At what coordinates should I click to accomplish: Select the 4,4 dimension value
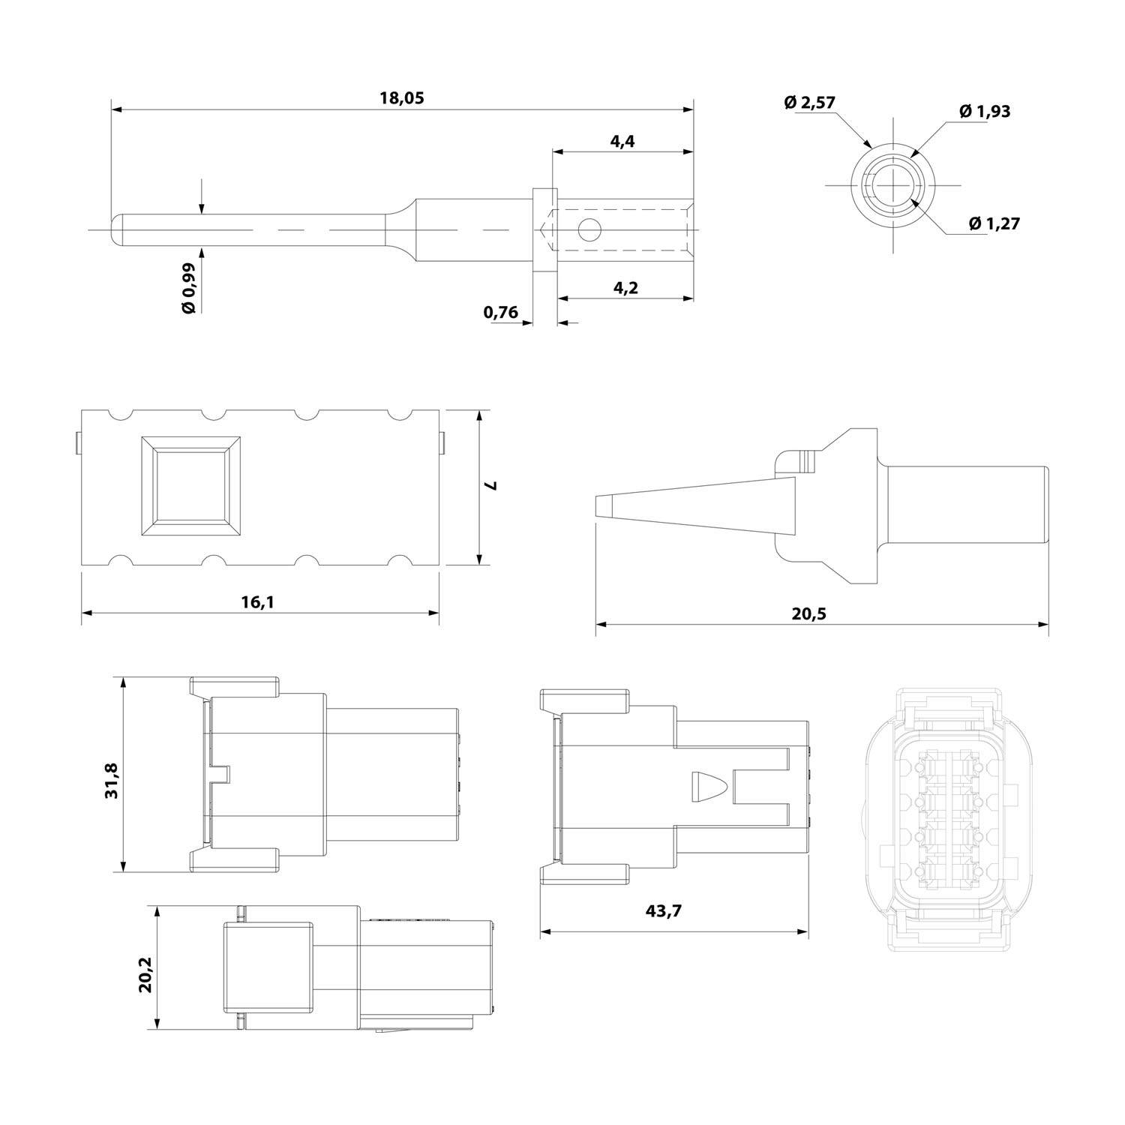tap(622, 141)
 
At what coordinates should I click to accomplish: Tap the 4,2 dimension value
tap(624, 287)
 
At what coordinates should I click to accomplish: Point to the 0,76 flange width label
tap(501, 312)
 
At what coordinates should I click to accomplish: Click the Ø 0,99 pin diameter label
tap(188, 288)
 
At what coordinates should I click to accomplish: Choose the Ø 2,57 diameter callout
tap(809, 103)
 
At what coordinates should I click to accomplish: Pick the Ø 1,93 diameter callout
tap(984, 111)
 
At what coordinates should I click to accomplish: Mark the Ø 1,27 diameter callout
tap(994, 223)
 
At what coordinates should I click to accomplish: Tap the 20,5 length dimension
tap(808, 613)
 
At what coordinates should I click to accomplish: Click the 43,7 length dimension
tap(664, 911)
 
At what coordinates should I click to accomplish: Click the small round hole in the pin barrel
tap(590, 229)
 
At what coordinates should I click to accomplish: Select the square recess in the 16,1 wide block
tap(192, 485)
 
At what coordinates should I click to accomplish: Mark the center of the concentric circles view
tap(893, 184)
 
